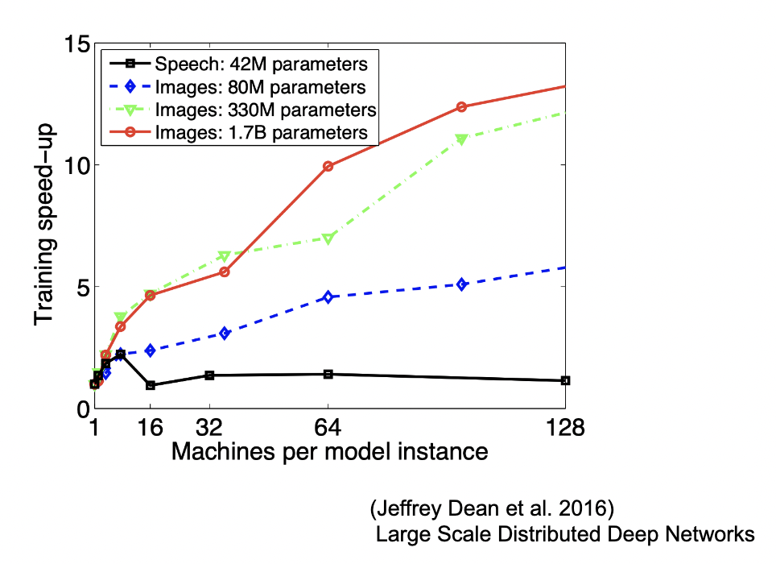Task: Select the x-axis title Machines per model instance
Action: (329, 450)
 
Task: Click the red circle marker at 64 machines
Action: (328, 166)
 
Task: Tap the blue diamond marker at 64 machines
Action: (328, 297)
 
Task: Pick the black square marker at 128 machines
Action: (566, 380)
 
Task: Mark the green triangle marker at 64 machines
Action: (328, 238)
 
